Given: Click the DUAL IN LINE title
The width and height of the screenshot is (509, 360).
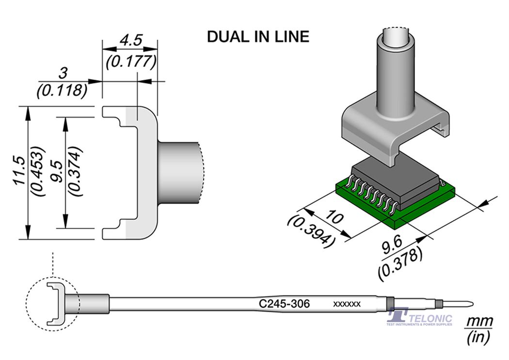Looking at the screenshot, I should (258, 37).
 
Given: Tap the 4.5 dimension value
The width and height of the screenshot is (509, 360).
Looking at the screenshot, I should (130, 40).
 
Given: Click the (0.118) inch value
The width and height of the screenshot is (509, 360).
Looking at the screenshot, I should (62, 90).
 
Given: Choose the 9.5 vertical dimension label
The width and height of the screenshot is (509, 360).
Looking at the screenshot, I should (57, 173).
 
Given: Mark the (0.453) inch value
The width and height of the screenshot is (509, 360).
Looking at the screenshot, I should (38, 173).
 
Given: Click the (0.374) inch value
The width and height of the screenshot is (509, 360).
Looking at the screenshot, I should (76, 173).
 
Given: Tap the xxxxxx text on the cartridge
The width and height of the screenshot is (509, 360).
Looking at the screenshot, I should (347, 304).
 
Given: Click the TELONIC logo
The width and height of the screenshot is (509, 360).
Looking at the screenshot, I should (420, 318).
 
